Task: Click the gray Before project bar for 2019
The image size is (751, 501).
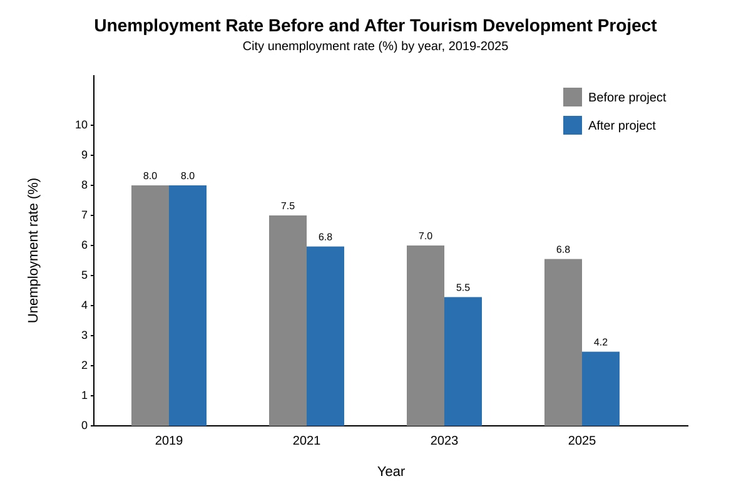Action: tap(150, 306)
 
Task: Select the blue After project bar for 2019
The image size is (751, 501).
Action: tap(188, 306)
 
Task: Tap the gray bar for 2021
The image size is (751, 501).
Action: tap(288, 321)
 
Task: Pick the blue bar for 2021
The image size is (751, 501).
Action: tap(325, 336)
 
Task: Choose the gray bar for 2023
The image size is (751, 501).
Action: tap(426, 336)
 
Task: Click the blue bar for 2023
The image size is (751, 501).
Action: tap(463, 361)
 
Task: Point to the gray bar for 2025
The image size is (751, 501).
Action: tap(563, 343)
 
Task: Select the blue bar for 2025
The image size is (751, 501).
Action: tap(601, 388)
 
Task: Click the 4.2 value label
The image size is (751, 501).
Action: tap(601, 342)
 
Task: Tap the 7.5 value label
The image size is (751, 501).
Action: tap(288, 205)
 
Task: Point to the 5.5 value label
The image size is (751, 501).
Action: tap(463, 287)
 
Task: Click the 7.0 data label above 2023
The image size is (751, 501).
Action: tap(426, 236)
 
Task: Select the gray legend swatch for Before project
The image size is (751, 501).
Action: tap(573, 97)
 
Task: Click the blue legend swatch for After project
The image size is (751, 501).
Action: tap(573, 125)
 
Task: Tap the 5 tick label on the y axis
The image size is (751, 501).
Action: tap(84, 275)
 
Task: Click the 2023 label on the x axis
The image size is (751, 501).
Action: tap(444, 440)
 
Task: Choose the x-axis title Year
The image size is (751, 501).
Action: tap(391, 472)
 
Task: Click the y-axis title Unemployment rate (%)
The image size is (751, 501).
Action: tap(34, 250)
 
